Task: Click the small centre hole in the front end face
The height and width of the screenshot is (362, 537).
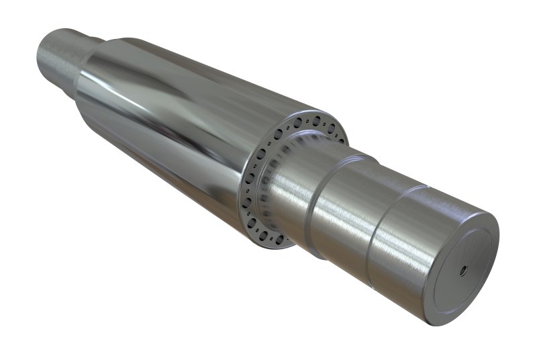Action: (463, 272)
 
